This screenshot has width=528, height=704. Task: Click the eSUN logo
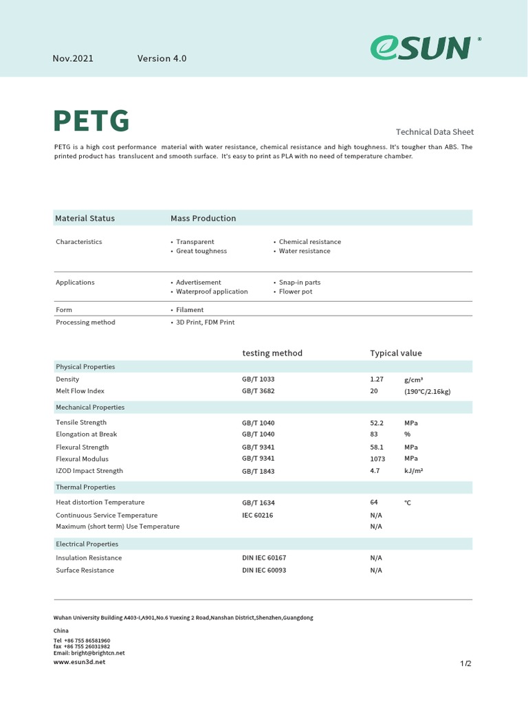(421, 48)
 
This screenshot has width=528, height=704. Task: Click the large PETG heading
(91, 121)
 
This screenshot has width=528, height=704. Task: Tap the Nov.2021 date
(73, 58)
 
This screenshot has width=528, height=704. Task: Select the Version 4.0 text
(162, 58)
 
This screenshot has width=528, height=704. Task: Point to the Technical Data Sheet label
(434, 132)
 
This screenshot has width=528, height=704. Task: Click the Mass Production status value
(203, 218)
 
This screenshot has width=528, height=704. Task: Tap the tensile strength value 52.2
(377, 423)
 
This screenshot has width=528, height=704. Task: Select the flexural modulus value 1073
(377, 459)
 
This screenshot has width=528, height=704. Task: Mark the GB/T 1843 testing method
(258, 472)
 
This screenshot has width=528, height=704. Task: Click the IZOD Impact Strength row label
(89, 471)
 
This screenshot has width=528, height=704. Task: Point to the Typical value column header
(396, 353)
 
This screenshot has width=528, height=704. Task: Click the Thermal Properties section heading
(85, 487)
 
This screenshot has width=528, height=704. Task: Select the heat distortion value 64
(374, 503)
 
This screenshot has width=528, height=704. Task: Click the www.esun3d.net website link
(80, 662)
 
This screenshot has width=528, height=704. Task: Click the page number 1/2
(465, 664)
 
